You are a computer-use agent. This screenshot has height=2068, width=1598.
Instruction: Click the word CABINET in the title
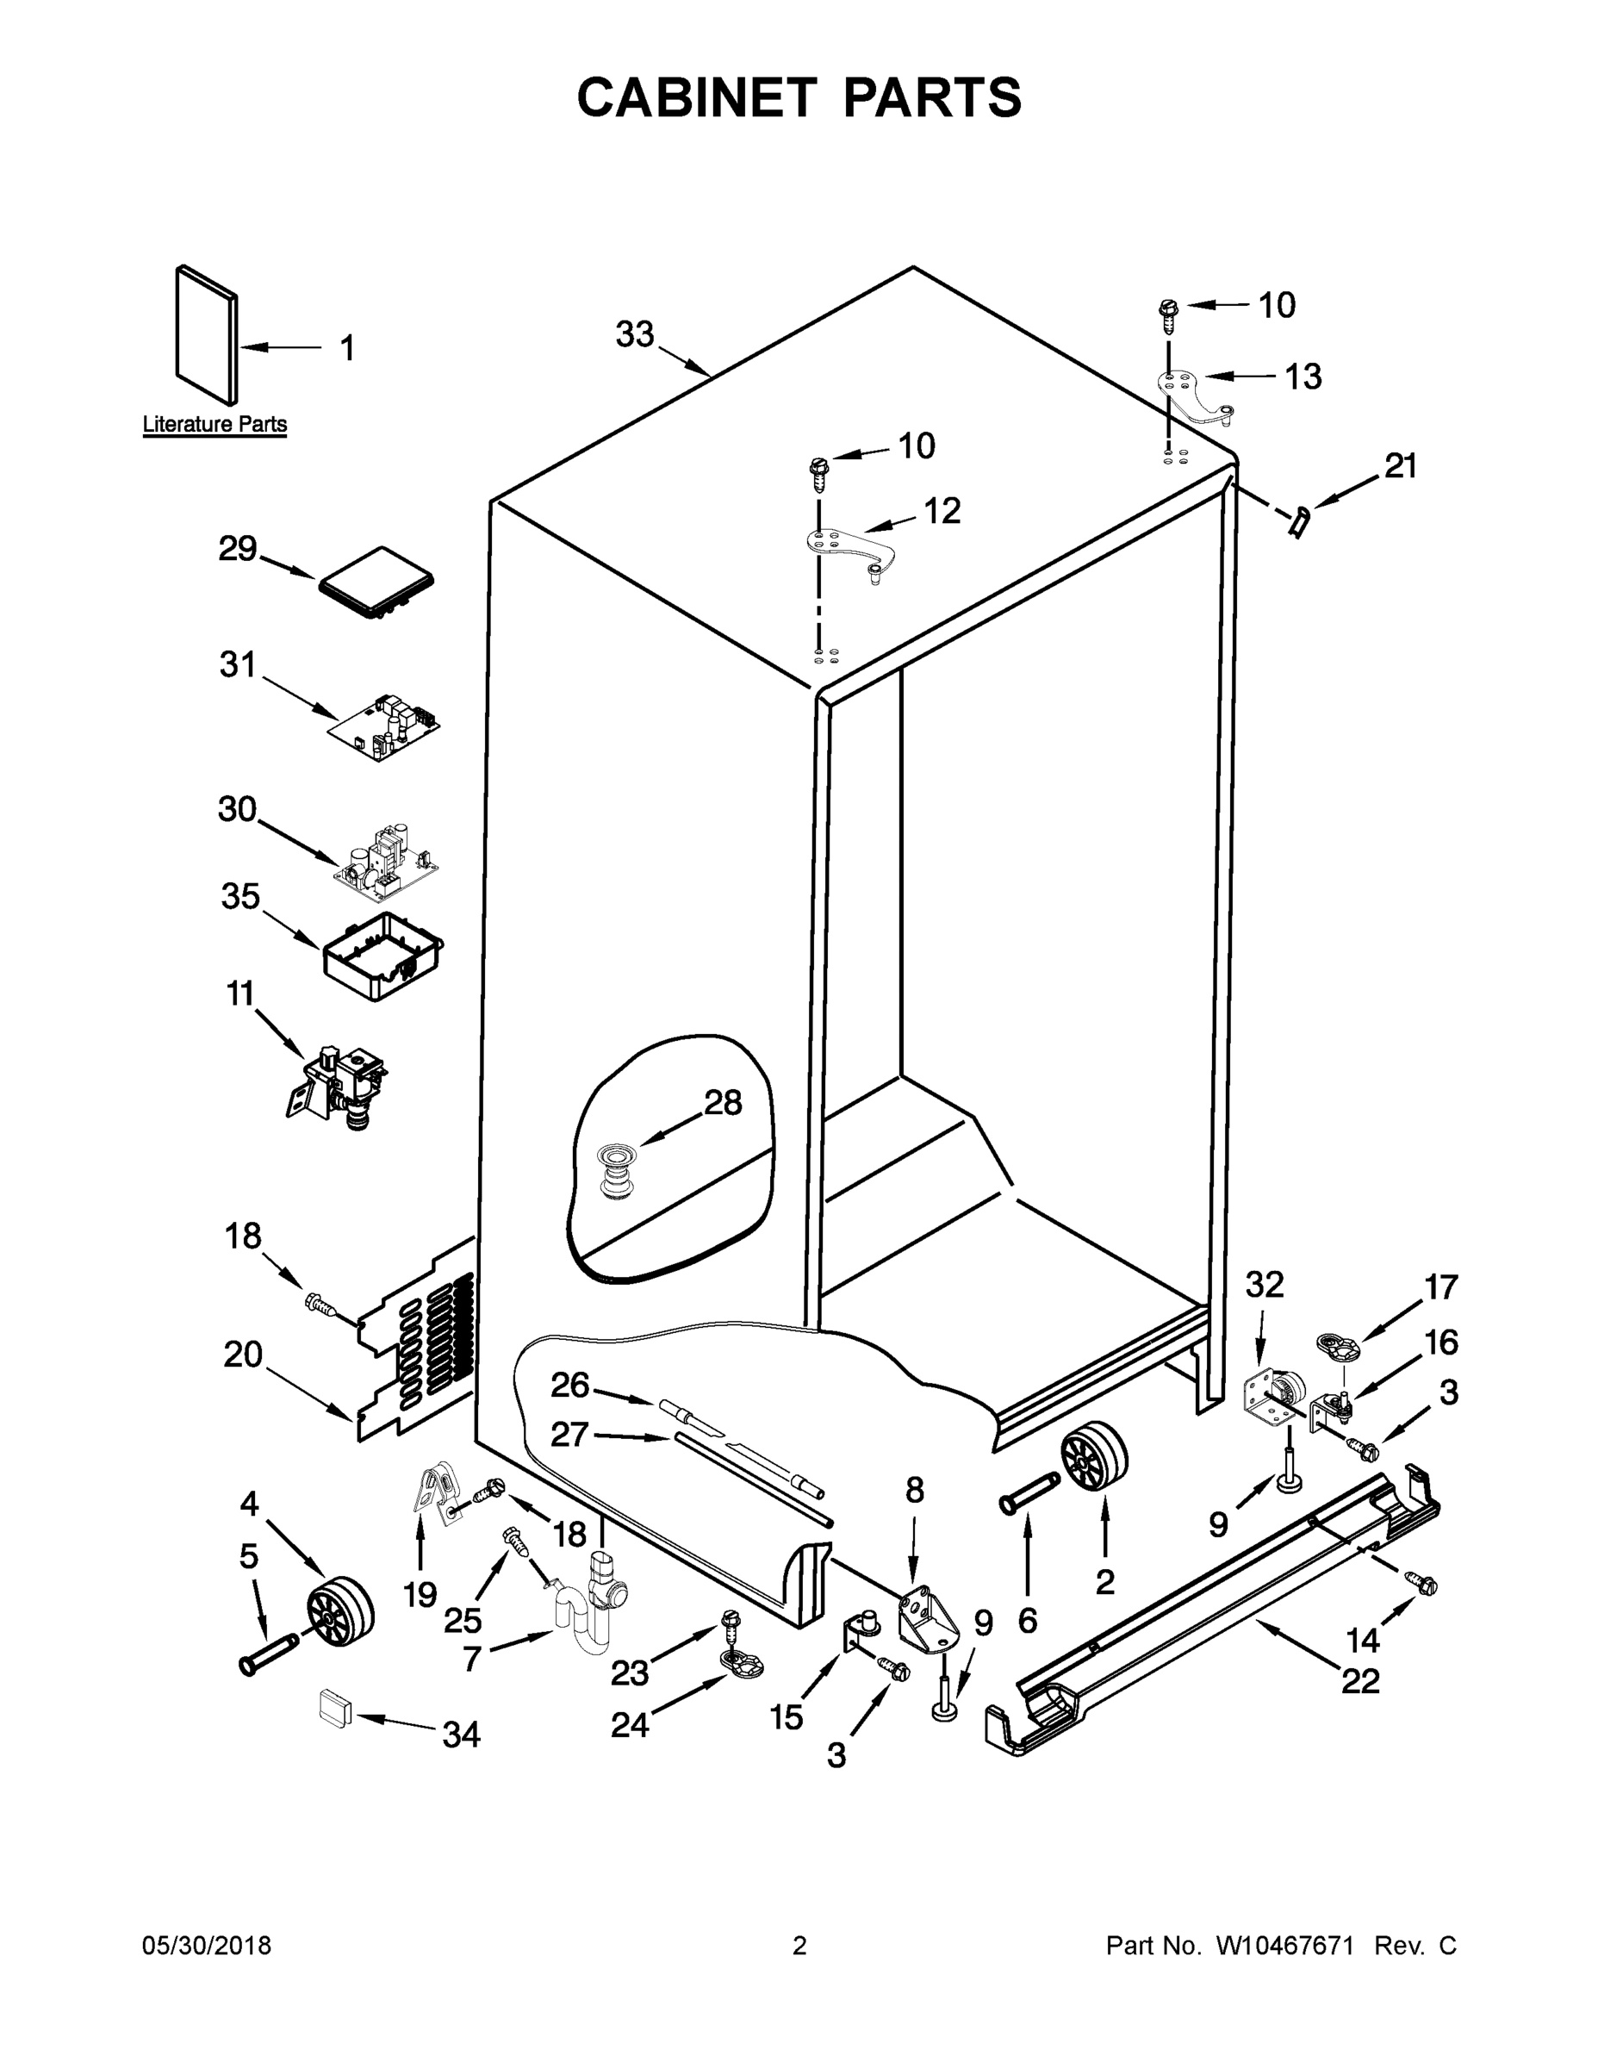click(696, 97)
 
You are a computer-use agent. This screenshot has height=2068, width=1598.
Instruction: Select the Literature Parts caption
click(214, 424)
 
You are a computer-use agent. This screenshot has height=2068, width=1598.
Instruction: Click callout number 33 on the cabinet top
click(634, 334)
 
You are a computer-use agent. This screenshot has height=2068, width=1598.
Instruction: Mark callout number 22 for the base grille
click(1360, 1681)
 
